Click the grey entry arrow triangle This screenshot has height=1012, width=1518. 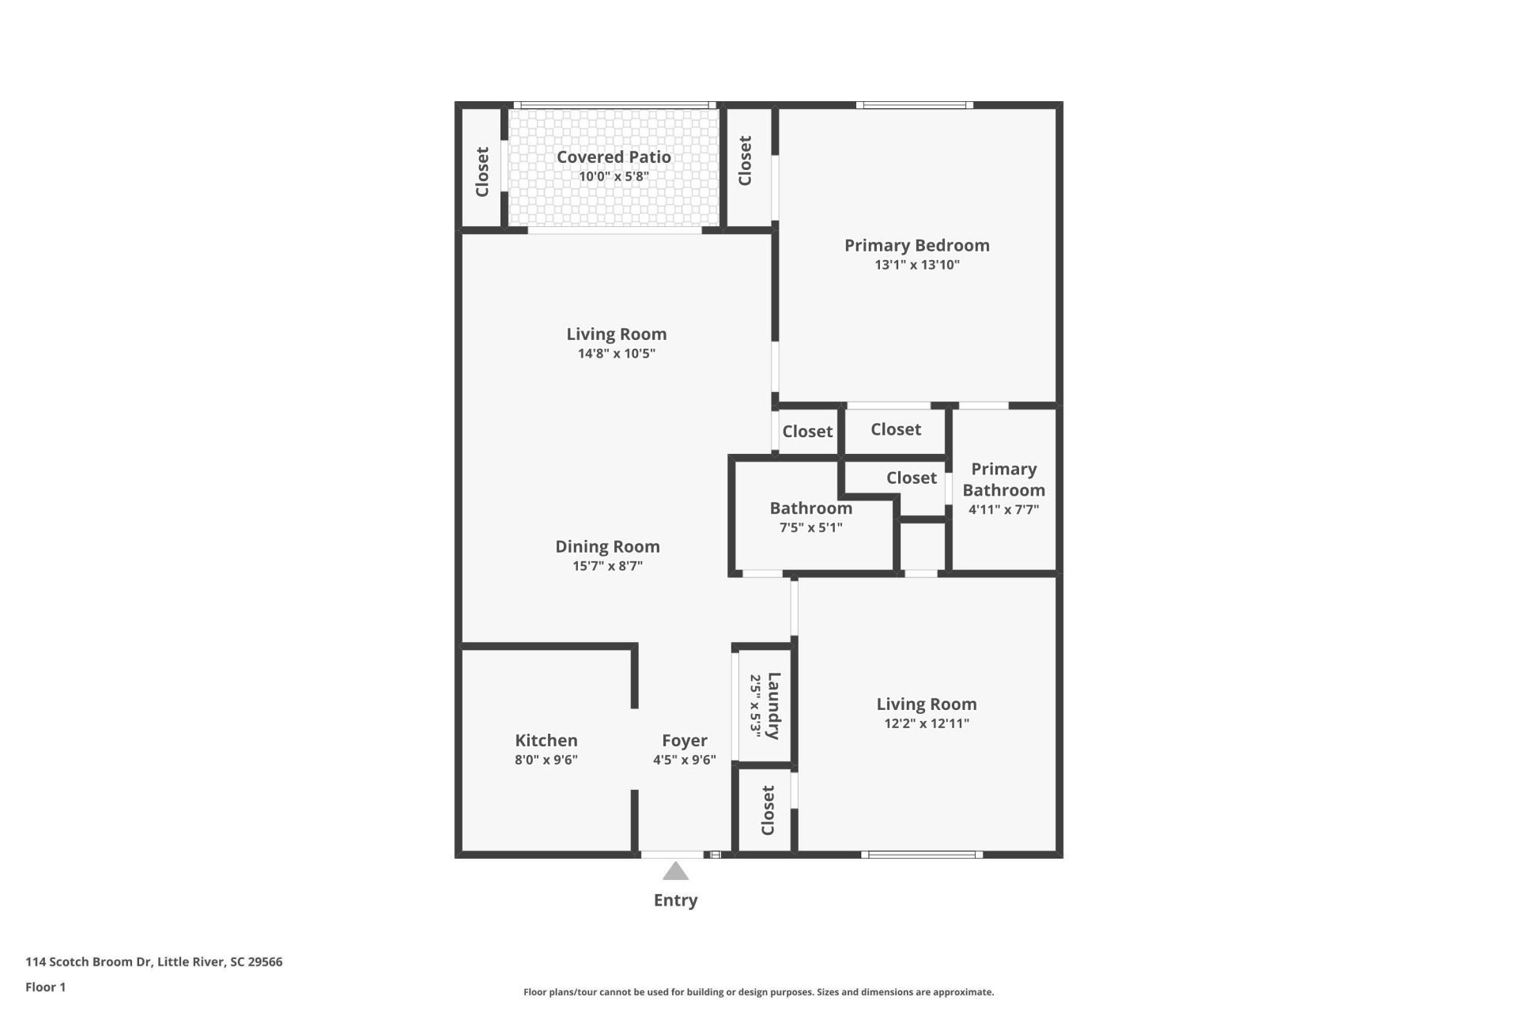675,872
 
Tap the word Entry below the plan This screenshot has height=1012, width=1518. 675,901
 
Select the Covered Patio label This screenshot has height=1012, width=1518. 614,157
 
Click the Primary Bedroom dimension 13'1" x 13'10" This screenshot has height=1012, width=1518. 916,265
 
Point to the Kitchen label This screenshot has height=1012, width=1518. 546,741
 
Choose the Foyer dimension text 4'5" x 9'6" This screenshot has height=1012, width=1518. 684,760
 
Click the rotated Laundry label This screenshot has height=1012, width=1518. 773,706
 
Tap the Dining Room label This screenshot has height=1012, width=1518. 607,546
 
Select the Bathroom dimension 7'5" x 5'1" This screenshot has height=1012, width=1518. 810,527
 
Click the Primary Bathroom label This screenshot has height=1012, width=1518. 1003,480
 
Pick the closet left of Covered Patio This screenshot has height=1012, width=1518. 481,172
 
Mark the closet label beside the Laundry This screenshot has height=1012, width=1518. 767,810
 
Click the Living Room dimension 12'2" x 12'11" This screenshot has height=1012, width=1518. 926,723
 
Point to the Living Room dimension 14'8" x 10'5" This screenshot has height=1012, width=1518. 616,353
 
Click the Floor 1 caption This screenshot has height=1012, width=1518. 45,987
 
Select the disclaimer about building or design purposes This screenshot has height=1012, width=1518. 758,992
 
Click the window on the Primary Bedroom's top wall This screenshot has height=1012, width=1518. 914,105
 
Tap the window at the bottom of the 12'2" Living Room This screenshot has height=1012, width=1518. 921,855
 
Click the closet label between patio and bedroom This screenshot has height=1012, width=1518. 745,161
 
